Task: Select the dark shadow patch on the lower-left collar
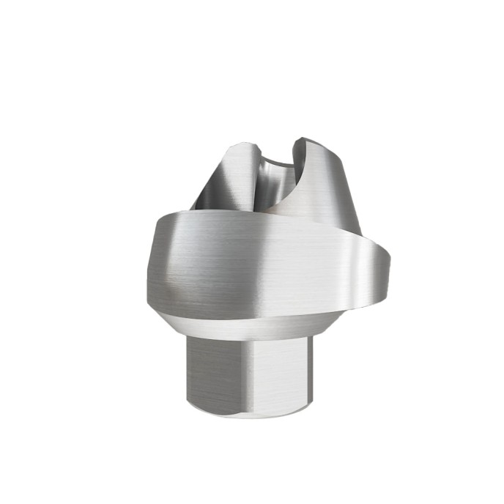click(176, 293)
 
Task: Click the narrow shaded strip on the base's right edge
click(308, 374)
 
